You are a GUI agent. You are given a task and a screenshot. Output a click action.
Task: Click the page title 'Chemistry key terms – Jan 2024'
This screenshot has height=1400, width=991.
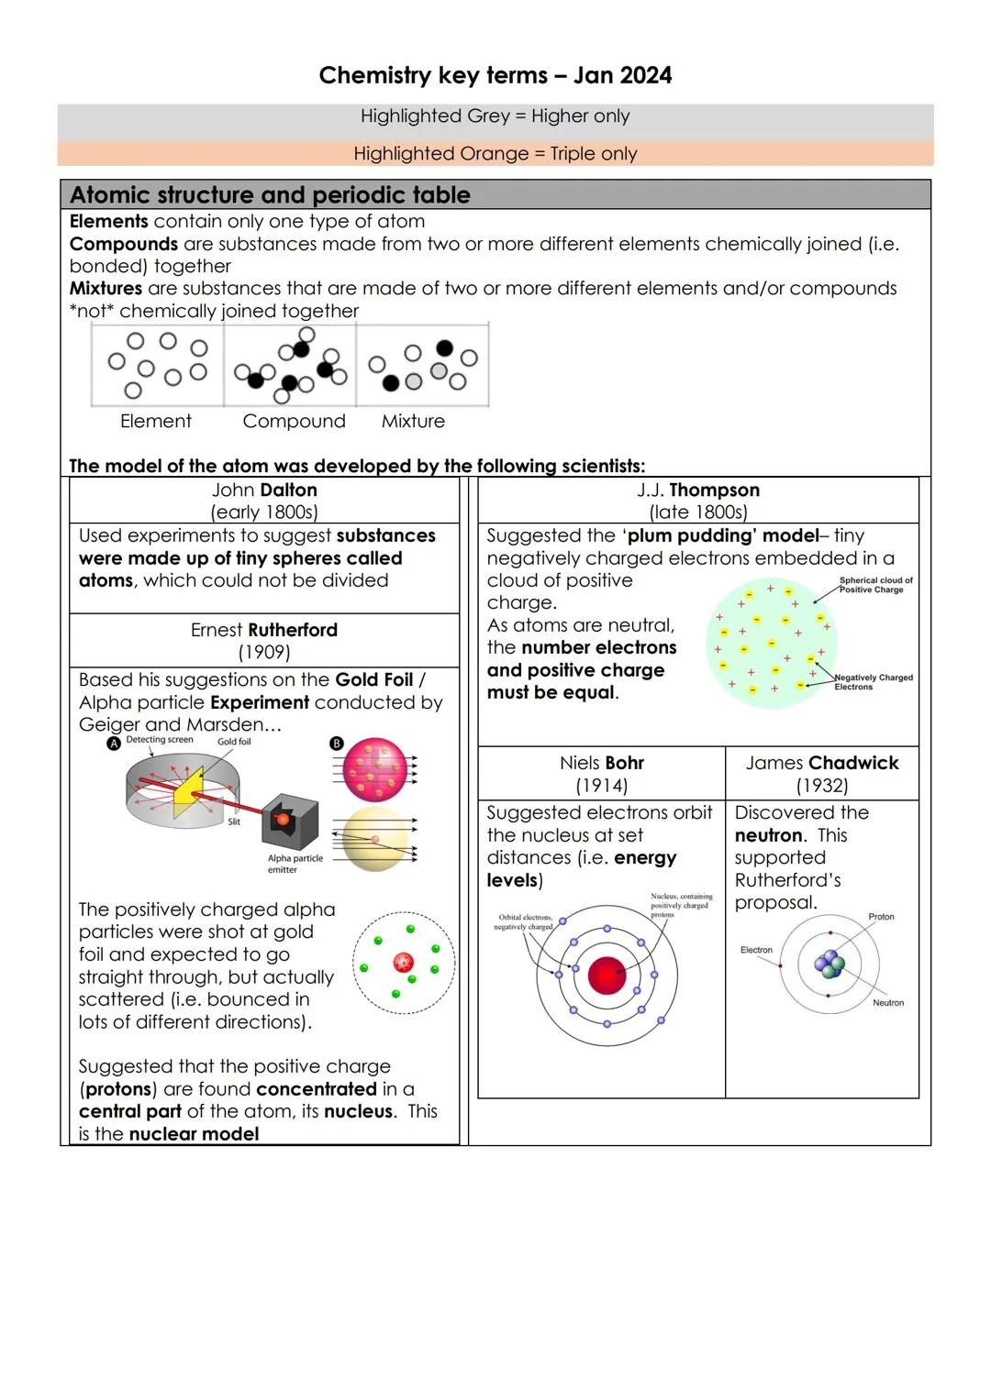[x=495, y=75]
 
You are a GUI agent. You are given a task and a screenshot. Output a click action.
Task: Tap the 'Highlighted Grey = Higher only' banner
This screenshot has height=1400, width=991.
[x=495, y=116]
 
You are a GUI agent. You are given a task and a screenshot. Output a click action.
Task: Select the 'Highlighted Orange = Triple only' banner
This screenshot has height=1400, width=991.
[x=495, y=154]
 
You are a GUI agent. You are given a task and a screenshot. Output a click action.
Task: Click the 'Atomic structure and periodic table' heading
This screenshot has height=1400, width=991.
[x=270, y=195]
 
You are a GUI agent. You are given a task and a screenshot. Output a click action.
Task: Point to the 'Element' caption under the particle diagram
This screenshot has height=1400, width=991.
[x=156, y=422]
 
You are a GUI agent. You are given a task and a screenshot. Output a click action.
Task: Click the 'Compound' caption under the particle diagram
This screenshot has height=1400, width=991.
[x=294, y=422]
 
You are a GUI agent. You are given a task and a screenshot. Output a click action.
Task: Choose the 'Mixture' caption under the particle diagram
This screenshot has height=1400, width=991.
[x=413, y=422]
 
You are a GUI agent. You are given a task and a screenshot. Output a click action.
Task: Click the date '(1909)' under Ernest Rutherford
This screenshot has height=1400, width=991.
[x=264, y=653]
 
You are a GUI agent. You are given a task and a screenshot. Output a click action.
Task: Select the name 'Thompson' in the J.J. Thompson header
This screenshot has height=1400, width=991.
[x=714, y=491]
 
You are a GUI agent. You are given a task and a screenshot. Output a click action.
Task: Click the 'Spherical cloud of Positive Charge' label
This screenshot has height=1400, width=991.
[x=875, y=585]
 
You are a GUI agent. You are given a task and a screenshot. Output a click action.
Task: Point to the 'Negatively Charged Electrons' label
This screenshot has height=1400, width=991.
[x=872, y=682]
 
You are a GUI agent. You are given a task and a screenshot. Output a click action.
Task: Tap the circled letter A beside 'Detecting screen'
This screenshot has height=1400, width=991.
[x=114, y=744]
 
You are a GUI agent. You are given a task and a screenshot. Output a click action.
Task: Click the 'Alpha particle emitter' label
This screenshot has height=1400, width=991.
[x=295, y=864]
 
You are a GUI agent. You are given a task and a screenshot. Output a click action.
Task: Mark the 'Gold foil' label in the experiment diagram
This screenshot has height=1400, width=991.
[x=234, y=742]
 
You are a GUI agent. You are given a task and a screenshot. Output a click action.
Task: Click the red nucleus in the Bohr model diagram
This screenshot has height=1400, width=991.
[x=607, y=976]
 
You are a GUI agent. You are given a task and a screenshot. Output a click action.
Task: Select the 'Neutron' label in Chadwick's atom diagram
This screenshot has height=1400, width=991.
[x=887, y=1003]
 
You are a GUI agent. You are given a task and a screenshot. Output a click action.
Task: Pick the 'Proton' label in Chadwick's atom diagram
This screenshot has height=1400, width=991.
[x=881, y=917]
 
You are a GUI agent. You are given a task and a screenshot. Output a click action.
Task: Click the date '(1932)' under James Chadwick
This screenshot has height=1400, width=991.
[x=822, y=787]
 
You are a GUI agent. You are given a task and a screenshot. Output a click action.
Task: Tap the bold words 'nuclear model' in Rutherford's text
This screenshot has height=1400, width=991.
[x=194, y=1134]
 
